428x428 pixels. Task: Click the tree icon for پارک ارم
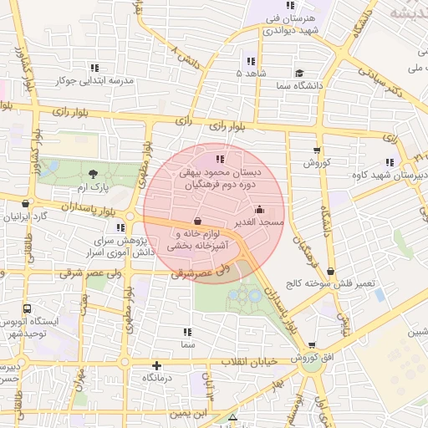(92, 173)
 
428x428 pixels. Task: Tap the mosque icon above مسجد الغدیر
(259, 210)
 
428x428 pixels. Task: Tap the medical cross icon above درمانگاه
(156, 365)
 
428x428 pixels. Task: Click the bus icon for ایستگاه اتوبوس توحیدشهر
(28, 309)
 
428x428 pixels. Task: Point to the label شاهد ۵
(250, 74)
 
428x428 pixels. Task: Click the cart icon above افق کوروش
(312, 344)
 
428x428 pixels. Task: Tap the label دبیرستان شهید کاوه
(399, 175)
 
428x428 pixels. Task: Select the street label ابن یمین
(189, 413)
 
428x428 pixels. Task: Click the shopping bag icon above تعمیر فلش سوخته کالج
(332, 271)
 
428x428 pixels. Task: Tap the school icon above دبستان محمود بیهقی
(220, 158)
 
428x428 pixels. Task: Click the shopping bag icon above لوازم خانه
(196, 222)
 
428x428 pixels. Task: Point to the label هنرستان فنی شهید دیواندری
(293, 23)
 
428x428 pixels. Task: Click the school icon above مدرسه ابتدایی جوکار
(94, 68)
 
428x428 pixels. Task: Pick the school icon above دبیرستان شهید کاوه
(390, 162)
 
